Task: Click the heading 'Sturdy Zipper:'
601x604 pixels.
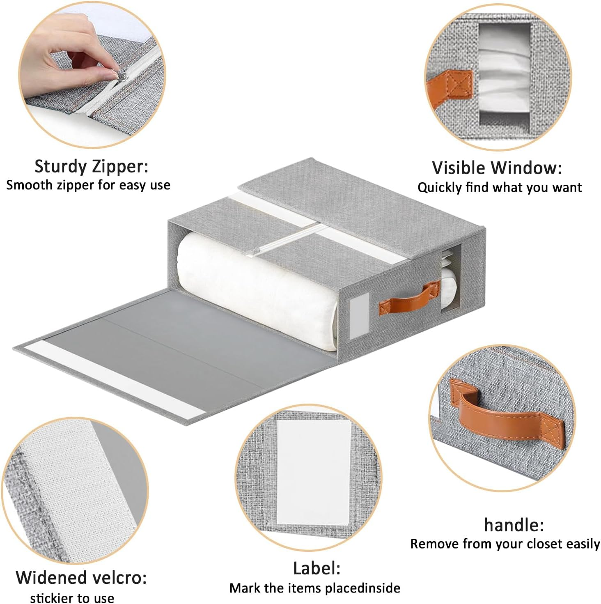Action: pos(91,166)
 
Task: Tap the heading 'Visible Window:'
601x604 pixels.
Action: pos(497,168)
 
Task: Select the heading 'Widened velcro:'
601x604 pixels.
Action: pos(81,577)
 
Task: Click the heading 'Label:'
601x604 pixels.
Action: pos(317,568)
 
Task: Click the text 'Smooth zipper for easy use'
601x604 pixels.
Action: pos(88,185)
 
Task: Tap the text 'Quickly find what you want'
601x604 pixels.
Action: pos(500,188)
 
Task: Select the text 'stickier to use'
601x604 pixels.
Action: pos(72,597)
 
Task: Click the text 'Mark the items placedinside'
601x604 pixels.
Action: pos(314,588)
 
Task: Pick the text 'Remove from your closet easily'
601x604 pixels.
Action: pos(505,544)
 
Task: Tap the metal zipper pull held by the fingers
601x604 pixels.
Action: pos(110,75)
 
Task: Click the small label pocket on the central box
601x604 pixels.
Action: pos(356,318)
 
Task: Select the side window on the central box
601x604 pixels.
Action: pos(451,279)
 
